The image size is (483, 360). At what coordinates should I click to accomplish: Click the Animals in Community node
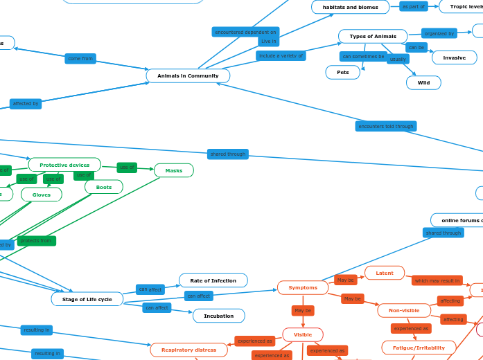tap(188, 75)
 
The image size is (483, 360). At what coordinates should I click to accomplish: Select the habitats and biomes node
tap(350, 7)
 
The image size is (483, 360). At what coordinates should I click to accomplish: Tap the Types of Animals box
tap(373, 36)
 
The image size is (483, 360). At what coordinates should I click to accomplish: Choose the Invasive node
tap(454, 57)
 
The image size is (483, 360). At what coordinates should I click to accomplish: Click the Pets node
tap(343, 72)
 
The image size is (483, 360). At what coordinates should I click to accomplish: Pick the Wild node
tap(423, 82)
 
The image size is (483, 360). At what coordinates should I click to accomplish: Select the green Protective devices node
tap(64, 165)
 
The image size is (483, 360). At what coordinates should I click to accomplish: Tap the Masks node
tap(174, 170)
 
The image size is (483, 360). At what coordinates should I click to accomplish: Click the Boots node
tap(104, 187)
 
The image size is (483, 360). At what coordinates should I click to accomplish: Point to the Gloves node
tap(42, 195)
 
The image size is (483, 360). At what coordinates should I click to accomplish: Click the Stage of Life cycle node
tap(87, 299)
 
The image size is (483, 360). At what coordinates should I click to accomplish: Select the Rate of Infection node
tap(213, 280)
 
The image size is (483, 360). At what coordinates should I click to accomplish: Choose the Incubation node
tap(218, 316)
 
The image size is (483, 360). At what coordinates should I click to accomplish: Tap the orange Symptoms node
tap(303, 287)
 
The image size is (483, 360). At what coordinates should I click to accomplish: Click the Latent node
tap(385, 273)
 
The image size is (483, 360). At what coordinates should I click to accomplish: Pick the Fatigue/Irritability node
tap(419, 348)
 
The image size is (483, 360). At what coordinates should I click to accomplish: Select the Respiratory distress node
tap(189, 350)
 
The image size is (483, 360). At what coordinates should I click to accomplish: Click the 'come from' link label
tap(80, 59)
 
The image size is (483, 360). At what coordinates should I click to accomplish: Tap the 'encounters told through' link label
tap(386, 126)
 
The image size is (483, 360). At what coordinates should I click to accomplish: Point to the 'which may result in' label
tap(437, 280)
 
